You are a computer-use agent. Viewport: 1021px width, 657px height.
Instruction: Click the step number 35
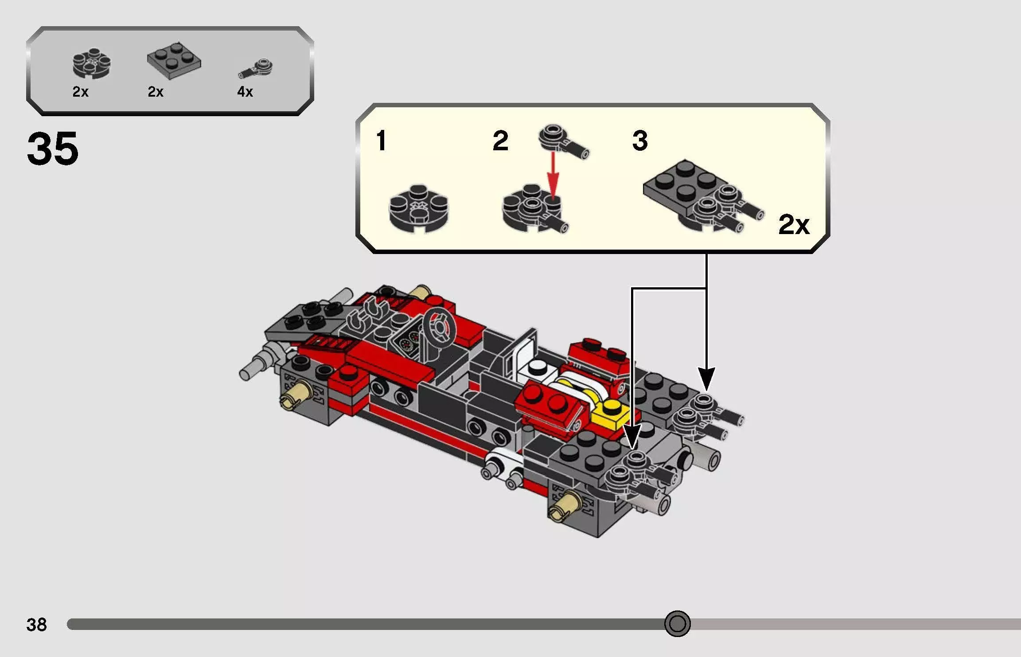pyautogui.click(x=52, y=149)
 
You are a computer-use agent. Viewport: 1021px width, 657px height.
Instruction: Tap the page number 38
pyautogui.click(x=36, y=625)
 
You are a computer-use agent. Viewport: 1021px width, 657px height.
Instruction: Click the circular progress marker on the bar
pyautogui.click(x=677, y=624)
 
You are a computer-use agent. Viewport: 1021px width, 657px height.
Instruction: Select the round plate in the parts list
pyautogui.click(x=92, y=64)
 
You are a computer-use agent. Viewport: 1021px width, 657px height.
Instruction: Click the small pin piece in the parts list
pyautogui.click(x=256, y=69)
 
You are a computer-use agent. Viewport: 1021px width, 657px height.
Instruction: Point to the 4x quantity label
pyautogui.click(x=245, y=92)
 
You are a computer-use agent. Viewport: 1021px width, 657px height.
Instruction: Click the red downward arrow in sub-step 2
pyautogui.click(x=553, y=177)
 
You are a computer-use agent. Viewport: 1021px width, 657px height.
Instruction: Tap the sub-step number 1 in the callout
pyautogui.click(x=381, y=141)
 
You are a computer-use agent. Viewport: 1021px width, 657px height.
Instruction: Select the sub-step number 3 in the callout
pyautogui.click(x=640, y=141)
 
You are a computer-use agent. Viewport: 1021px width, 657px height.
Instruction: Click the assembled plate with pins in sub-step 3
pyautogui.click(x=700, y=195)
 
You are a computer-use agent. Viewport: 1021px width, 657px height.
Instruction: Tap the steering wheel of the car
pyautogui.click(x=439, y=328)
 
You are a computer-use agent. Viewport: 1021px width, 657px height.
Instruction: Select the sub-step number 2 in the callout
pyautogui.click(x=500, y=141)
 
